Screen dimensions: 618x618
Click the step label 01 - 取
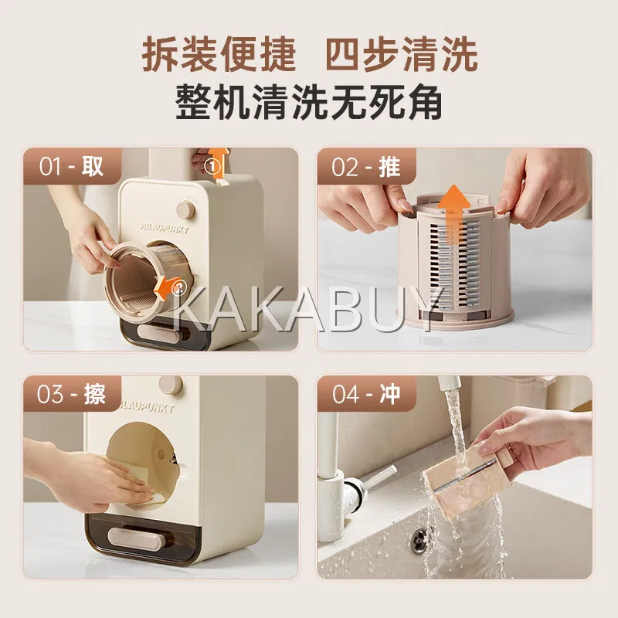(x=71, y=166)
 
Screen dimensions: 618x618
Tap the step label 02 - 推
(x=365, y=166)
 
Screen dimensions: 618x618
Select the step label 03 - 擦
(x=71, y=394)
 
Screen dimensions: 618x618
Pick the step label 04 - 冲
(x=366, y=394)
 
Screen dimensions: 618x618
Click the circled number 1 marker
(x=213, y=167)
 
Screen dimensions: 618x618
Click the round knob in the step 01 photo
(x=185, y=210)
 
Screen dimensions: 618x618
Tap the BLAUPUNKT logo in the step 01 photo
(x=164, y=228)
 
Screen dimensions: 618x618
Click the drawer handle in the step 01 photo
(x=158, y=331)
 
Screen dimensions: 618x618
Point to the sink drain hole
(x=419, y=538)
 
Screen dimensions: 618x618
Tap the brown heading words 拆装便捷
(x=219, y=53)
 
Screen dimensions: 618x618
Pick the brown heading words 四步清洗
(x=401, y=53)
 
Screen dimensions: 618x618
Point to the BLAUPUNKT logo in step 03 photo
(x=147, y=406)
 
